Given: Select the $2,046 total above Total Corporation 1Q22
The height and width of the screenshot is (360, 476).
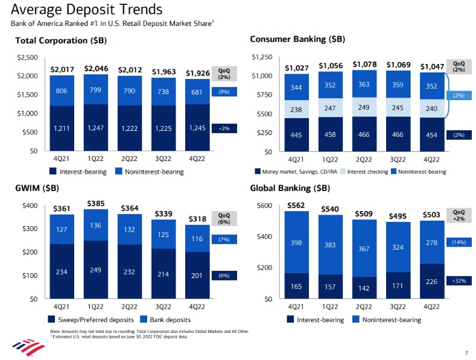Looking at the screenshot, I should pos(96,69).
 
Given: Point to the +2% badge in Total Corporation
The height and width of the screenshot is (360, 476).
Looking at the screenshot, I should pos(224,128).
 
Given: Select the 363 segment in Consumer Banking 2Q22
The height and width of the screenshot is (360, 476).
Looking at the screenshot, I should pos(364,85).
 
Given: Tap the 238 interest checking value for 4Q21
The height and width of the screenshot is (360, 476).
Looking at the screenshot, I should pos(296,110).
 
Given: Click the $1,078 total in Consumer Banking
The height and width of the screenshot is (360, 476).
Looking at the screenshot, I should pos(364,65).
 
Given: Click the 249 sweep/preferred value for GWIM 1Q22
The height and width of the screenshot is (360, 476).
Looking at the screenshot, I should pos(96,270).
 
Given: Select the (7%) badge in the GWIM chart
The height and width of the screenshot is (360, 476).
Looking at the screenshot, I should pos(224,239).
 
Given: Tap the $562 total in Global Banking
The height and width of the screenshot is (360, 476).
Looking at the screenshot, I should pos(296,204).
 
